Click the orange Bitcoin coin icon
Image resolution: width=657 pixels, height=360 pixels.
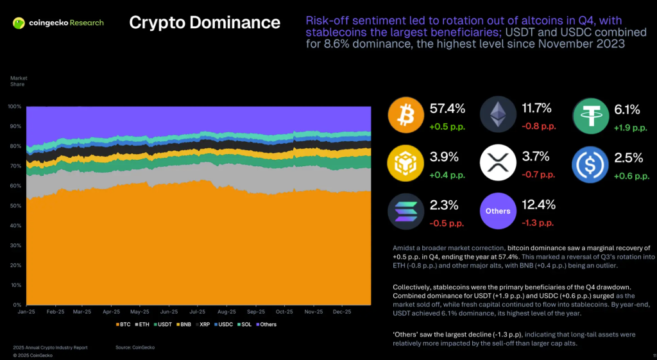(x=405, y=115)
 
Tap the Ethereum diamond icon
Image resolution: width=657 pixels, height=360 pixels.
(x=498, y=115)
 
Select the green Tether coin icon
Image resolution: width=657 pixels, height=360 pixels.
(x=591, y=115)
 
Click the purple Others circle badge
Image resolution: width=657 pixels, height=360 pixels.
(x=498, y=211)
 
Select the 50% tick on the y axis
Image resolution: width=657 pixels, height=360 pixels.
(x=15, y=205)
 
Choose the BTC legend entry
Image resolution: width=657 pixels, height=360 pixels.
(x=123, y=324)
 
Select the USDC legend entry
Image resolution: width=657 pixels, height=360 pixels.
(x=225, y=324)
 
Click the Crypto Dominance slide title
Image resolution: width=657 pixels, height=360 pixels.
(x=205, y=22)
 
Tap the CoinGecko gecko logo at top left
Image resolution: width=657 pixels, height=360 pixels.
(x=20, y=23)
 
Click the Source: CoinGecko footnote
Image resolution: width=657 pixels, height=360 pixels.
(x=135, y=347)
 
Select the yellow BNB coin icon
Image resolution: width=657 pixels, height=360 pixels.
(x=405, y=163)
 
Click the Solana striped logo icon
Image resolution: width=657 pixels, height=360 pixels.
(x=405, y=211)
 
